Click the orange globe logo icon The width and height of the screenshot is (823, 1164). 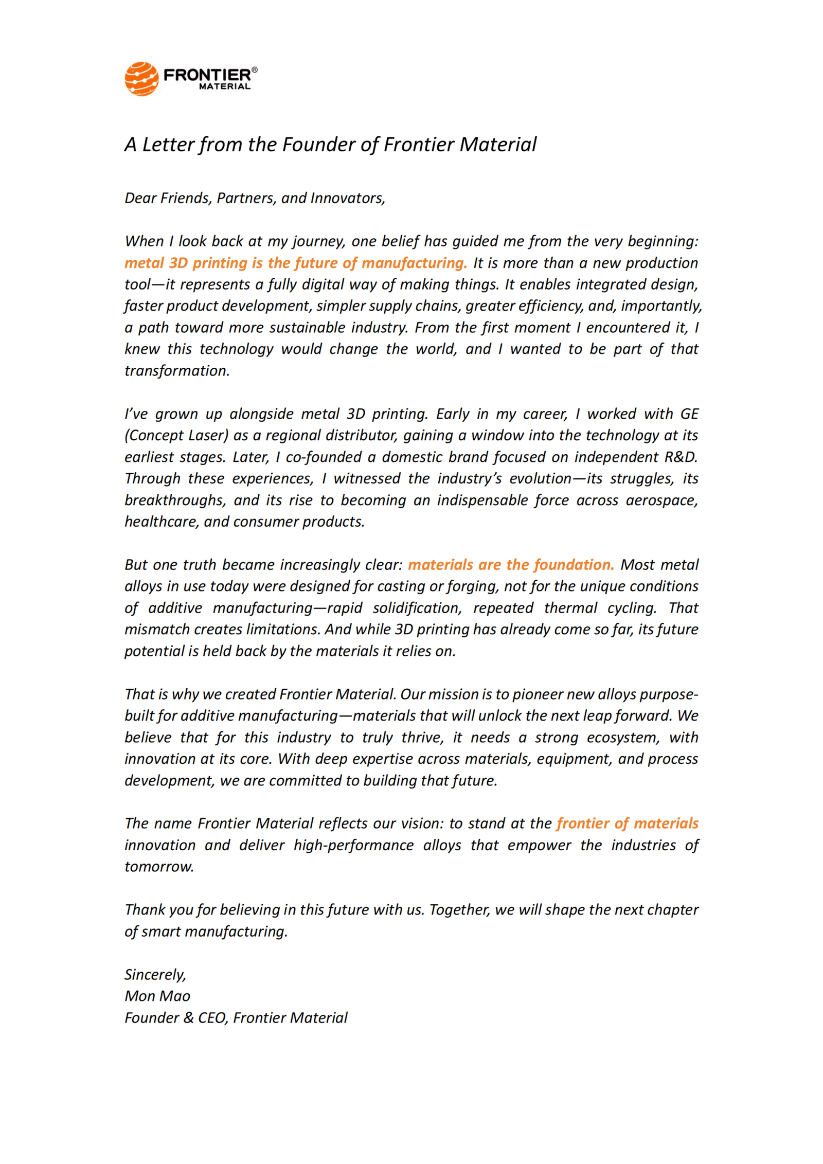pyautogui.click(x=141, y=79)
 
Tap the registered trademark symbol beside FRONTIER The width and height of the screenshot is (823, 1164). pyautogui.click(x=255, y=70)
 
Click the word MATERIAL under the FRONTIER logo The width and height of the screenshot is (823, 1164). pyautogui.click(x=225, y=86)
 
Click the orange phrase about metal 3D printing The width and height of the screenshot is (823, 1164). pyautogui.click(x=296, y=263)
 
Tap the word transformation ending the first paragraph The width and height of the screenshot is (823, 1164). pyautogui.click(x=177, y=371)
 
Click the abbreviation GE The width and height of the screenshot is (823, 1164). pyautogui.click(x=689, y=414)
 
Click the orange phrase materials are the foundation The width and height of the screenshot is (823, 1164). pyautogui.click(x=511, y=565)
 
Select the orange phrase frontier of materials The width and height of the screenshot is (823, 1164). pyautogui.click(x=627, y=823)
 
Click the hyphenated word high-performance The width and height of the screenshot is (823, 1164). pyautogui.click(x=353, y=845)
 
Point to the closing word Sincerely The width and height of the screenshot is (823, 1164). pyautogui.click(x=155, y=975)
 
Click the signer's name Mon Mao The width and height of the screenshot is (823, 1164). pyautogui.click(x=157, y=996)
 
